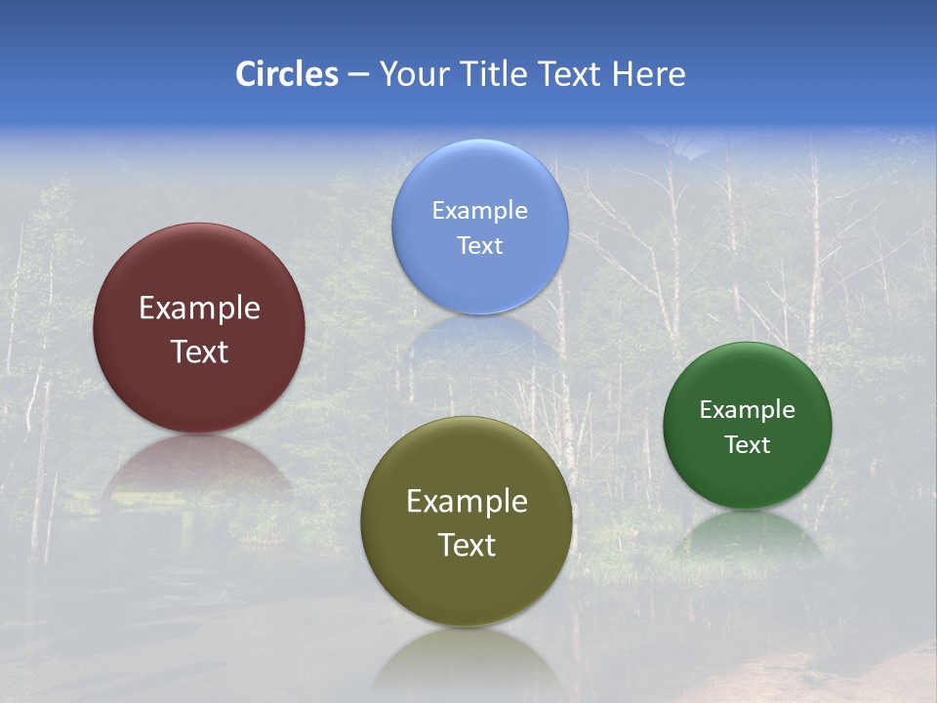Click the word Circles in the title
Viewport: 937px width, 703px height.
coord(287,74)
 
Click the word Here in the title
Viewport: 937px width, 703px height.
coord(649,74)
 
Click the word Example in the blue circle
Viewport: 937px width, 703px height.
coord(479,211)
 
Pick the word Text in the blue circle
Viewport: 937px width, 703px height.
coord(479,245)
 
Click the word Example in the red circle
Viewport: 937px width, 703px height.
coord(199,309)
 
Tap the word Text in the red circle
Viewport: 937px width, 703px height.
coord(199,351)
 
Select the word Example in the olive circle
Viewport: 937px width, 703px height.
coord(467,502)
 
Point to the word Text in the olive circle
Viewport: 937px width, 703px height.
coord(467,545)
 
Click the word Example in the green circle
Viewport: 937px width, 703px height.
coord(748,410)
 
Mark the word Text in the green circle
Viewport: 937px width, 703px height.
coord(748,445)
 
